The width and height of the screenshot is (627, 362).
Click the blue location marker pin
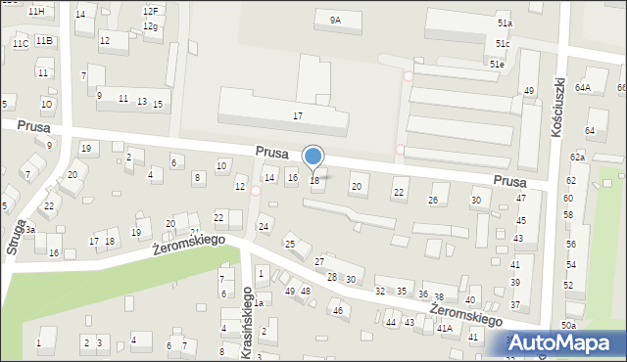tap(313, 157)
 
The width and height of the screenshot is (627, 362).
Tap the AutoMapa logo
tap(564, 342)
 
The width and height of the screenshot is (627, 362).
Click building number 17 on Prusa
tap(298, 116)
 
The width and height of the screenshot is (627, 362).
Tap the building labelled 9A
tap(335, 20)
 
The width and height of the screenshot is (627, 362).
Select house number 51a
tap(504, 23)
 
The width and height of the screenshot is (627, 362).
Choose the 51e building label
tap(498, 64)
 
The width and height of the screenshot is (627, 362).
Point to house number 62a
tap(577, 158)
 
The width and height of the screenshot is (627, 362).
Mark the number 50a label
tap(569, 325)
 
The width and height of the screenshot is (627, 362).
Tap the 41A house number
tap(444, 329)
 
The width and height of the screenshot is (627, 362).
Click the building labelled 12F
tap(149, 11)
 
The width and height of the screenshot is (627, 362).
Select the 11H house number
tap(35, 11)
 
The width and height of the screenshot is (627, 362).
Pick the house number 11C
tap(20, 43)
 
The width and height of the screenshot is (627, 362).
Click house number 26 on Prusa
tap(432, 201)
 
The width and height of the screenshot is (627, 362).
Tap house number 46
tap(338, 310)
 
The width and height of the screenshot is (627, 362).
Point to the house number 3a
tap(29, 230)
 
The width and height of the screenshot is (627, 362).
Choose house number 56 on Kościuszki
tap(570, 245)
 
